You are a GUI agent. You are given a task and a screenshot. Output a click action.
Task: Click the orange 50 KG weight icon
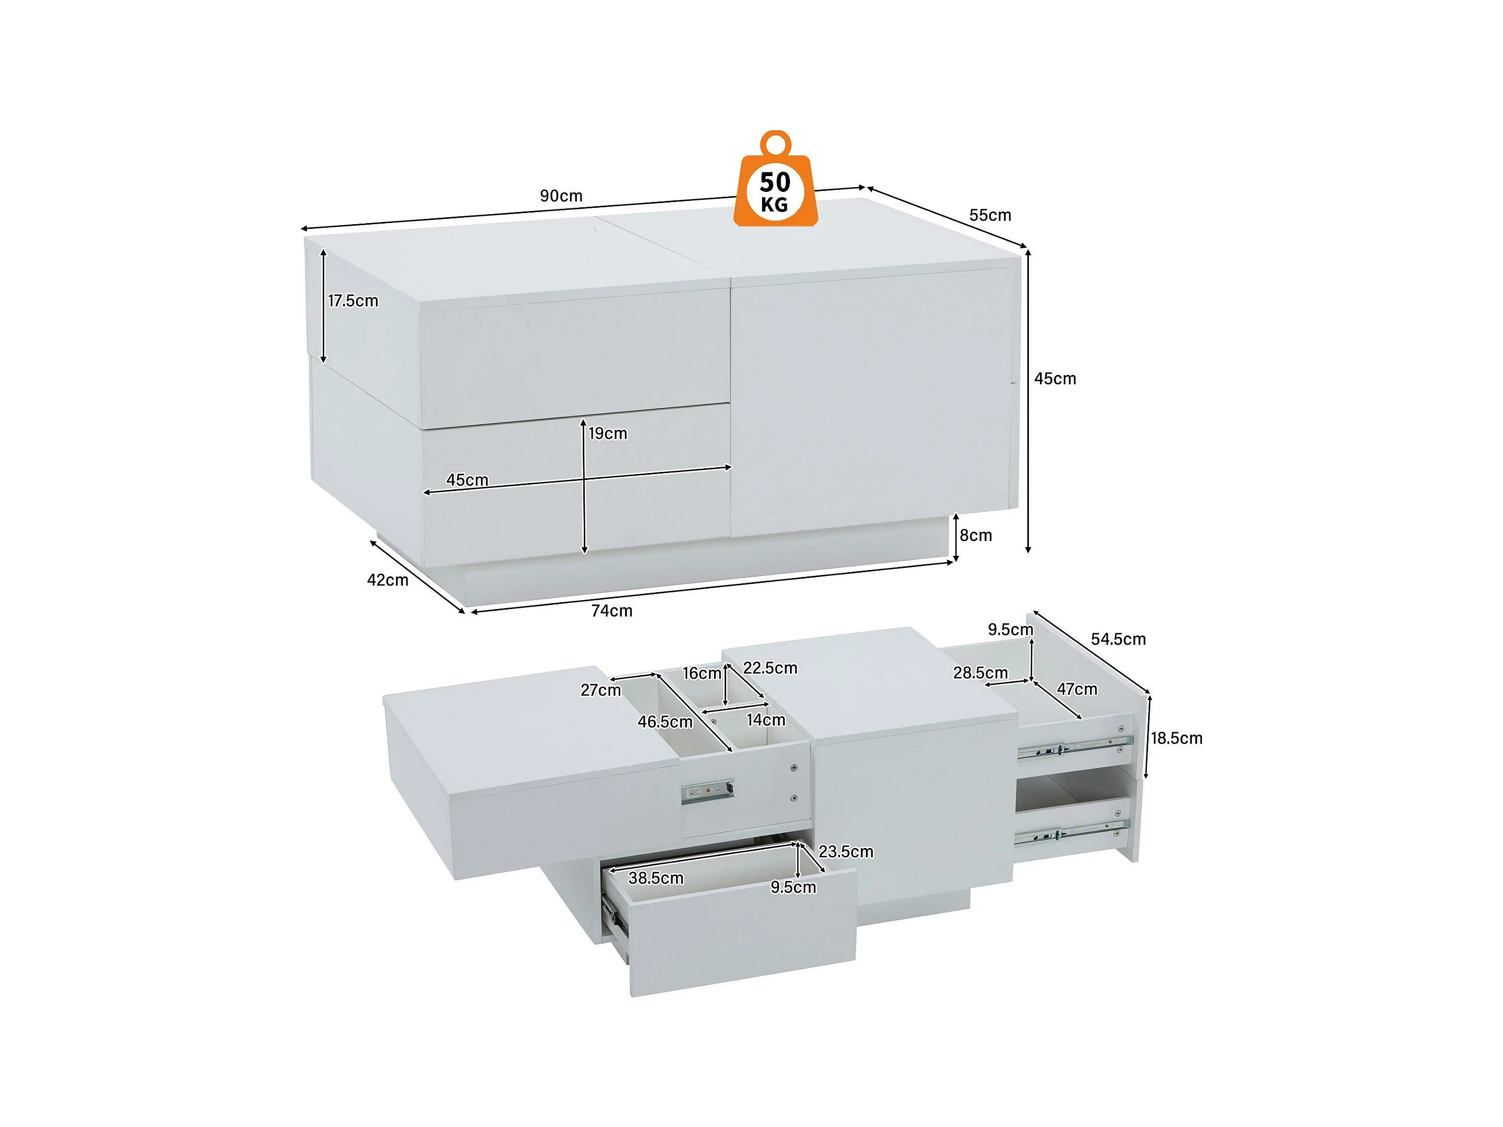775,179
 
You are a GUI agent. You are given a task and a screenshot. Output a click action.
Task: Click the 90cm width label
561,196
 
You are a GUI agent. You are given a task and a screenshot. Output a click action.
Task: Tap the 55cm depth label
990,215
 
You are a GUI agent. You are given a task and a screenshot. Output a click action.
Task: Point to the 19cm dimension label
608,434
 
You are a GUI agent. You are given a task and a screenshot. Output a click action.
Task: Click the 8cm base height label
976,535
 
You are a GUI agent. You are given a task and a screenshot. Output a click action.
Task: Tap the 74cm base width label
612,611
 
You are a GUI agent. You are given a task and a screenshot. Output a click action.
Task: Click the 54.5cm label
1119,639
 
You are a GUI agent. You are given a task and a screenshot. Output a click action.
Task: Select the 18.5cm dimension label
1176,738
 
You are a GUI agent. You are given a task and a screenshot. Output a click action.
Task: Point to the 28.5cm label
980,672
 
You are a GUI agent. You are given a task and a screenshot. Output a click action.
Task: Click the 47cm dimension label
1077,689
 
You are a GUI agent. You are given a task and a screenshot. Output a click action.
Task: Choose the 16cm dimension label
702,673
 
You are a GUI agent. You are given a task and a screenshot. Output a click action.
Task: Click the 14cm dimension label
766,720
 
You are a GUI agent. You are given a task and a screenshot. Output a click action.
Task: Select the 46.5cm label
665,722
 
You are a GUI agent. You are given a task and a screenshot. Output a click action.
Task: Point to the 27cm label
601,690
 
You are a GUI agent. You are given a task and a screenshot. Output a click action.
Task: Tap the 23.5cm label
846,852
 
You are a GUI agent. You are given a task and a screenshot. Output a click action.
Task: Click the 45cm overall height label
1055,379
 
